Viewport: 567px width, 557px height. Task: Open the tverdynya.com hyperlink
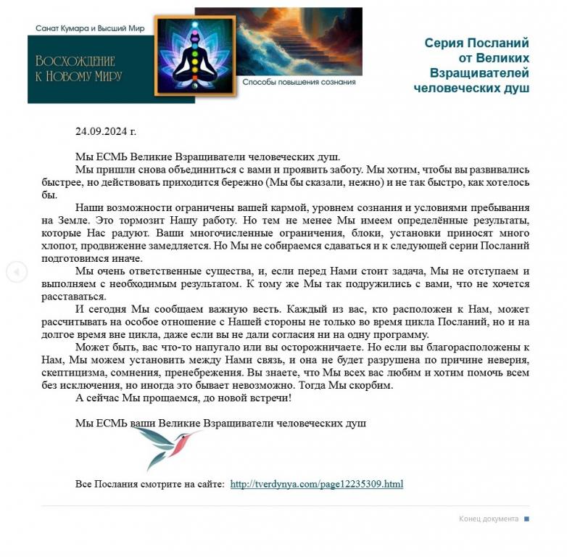point(316,484)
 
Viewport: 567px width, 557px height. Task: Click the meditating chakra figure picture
point(194,55)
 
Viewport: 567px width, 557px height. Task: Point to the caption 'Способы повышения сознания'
point(299,82)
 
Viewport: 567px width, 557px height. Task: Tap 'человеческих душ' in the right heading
point(471,88)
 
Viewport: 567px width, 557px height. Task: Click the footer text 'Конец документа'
point(488,519)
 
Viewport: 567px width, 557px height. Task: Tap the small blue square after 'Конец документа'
point(526,519)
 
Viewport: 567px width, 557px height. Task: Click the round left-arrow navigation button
point(17,272)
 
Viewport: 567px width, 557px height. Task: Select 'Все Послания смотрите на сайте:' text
point(150,484)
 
